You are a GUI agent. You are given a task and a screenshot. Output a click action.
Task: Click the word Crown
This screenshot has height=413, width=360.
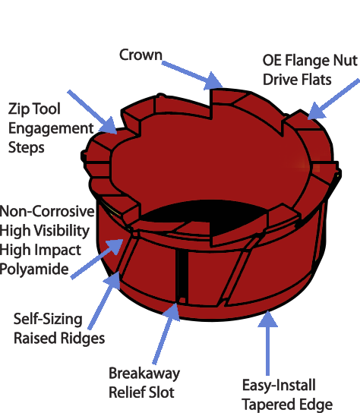coord(141,55)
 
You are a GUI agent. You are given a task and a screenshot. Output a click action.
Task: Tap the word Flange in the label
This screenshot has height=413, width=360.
coord(308,60)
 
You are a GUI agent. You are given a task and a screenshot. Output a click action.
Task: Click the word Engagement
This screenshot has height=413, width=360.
coord(51,128)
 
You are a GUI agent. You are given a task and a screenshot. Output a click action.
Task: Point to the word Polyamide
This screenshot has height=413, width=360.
coord(34,270)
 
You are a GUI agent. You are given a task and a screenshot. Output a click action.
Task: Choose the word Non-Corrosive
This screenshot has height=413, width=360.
coord(47,211)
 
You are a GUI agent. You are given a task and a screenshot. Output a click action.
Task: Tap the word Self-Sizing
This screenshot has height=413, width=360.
coord(48,319)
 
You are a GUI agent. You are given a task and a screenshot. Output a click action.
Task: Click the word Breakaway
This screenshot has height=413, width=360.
coord(144,374)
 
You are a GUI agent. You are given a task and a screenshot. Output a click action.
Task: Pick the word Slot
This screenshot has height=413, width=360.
coord(162,393)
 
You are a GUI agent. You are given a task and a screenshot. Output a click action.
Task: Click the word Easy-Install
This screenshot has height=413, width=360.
coord(279,386)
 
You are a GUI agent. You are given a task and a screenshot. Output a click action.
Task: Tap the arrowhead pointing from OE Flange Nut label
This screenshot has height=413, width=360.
coord(316,111)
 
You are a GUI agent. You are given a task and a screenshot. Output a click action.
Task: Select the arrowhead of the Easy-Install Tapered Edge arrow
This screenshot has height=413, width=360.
coord(267,319)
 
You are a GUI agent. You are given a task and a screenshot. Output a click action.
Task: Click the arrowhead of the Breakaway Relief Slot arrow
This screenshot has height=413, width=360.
coord(172,312)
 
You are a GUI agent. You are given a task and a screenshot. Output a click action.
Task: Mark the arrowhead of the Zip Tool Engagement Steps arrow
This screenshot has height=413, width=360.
coord(109,125)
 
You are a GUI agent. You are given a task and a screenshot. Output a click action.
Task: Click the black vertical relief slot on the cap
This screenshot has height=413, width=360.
coord(182,276)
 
